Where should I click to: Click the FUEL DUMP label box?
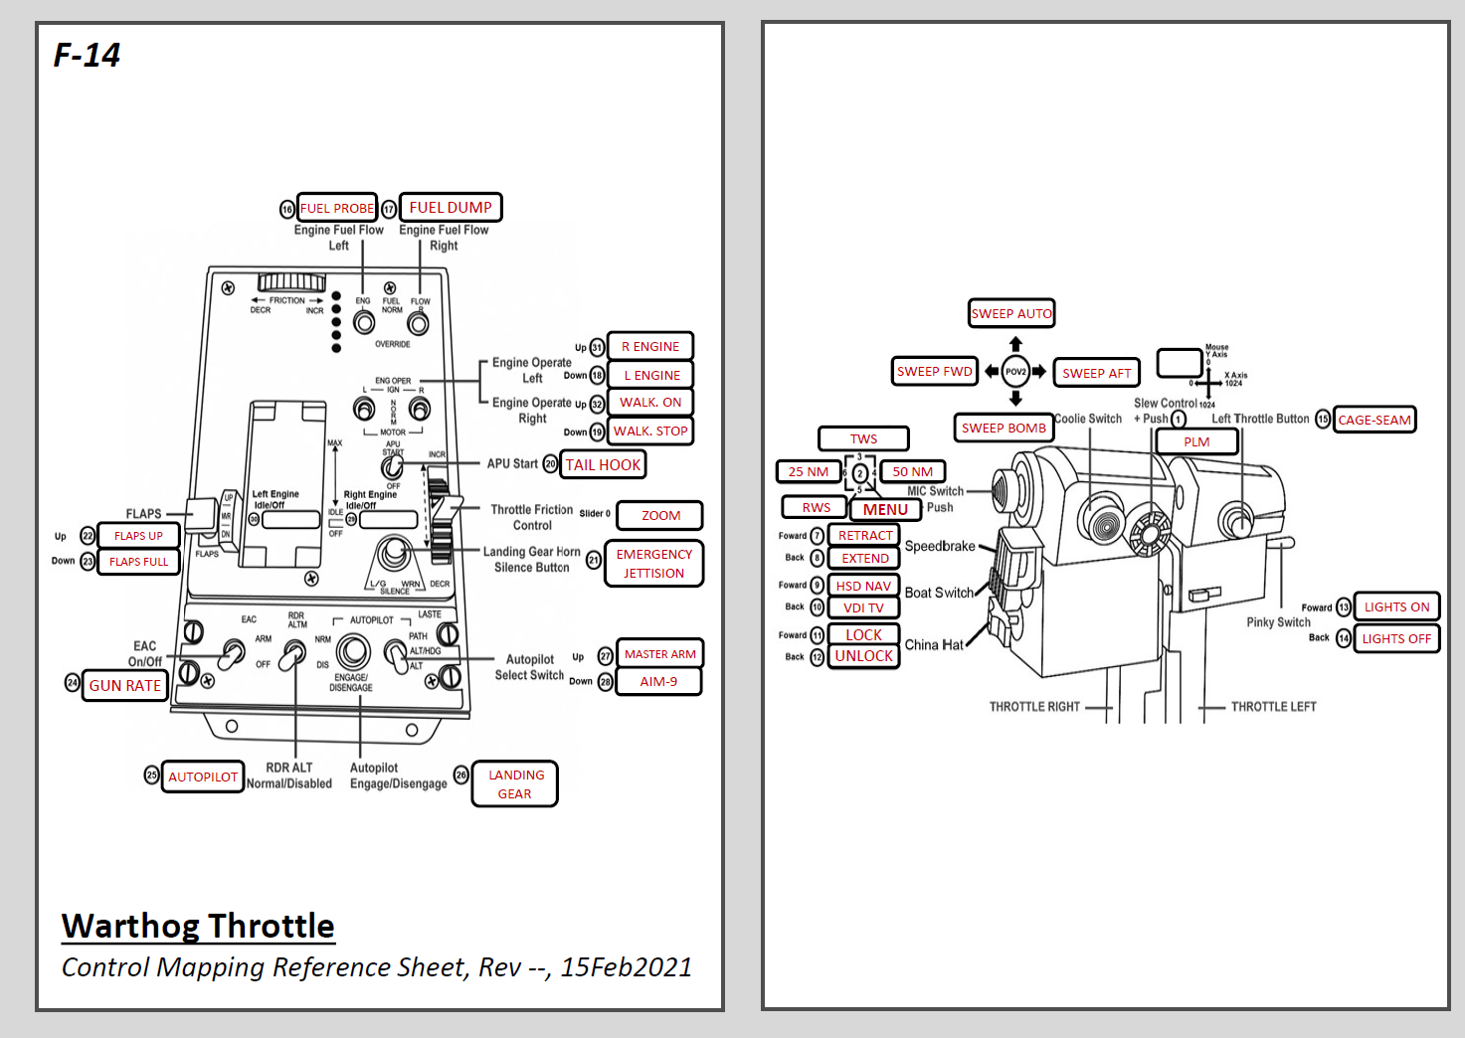(x=451, y=208)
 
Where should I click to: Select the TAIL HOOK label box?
(x=603, y=464)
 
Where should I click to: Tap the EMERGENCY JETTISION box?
(x=653, y=564)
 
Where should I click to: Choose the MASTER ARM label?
(x=659, y=653)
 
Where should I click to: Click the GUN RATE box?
(x=125, y=685)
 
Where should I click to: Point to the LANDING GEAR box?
(x=515, y=783)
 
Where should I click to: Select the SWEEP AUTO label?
(x=1011, y=313)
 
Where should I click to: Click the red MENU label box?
(x=885, y=509)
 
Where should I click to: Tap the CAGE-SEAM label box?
(x=1374, y=420)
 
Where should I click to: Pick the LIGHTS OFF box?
(x=1396, y=638)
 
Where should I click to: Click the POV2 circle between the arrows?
(x=1015, y=372)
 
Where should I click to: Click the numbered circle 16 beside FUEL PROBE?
(x=287, y=209)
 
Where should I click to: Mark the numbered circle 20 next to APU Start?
(x=550, y=464)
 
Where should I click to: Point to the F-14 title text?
(x=87, y=56)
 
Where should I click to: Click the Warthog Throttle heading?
(x=198, y=926)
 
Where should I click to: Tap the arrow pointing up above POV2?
(x=1015, y=344)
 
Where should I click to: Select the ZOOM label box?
(x=660, y=515)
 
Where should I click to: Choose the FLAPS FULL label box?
(x=139, y=562)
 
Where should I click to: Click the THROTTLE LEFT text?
(x=1273, y=707)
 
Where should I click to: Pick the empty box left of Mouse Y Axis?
(x=1180, y=363)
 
